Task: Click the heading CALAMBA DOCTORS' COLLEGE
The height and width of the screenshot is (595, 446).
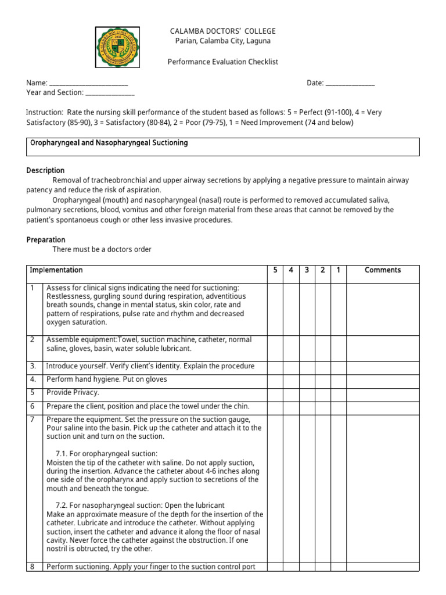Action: coord(222,31)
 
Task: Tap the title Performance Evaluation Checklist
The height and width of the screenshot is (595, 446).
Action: coord(223,62)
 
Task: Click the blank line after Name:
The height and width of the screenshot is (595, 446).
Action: coord(89,84)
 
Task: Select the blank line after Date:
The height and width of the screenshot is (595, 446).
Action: coord(350,84)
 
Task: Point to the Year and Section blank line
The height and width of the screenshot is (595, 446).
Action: coord(110,93)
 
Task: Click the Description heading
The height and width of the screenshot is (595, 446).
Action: coord(45,170)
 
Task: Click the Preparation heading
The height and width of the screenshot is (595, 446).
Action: coord(46,239)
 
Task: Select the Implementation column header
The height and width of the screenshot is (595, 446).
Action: coord(56,270)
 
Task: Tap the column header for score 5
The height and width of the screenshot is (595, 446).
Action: coord(275,270)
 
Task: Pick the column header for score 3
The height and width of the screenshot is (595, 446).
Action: coord(306,270)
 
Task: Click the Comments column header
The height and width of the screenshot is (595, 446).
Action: coord(383,270)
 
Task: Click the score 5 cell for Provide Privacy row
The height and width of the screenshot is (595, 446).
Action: coord(275,393)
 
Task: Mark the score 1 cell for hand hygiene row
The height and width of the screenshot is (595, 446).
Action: coord(338,380)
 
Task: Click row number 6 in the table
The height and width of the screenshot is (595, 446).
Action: coord(33,407)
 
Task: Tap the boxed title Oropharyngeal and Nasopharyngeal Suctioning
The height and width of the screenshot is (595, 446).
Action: coord(109,143)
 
